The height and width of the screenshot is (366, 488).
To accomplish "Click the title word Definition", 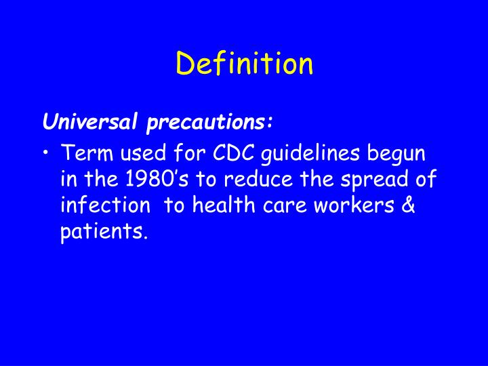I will coord(245,64).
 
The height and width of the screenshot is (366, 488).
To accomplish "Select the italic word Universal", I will coord(81,123).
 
